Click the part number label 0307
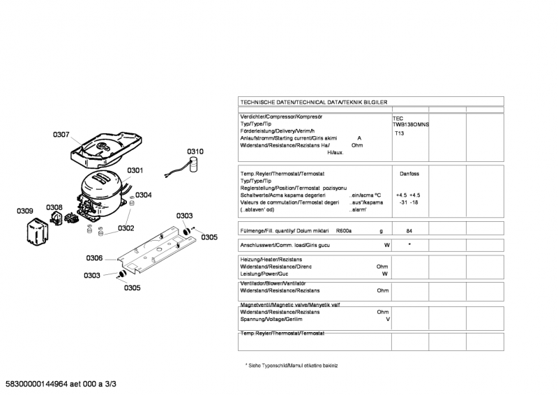pyautogui.click(x=61, y=135)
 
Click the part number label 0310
pyautogui.click(x=195, y=151)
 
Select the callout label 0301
pyautogui.click(x=135, y=170)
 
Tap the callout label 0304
pyautogui.click(x=144, y=195)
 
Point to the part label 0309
pyautogui.click(x=25, y=211)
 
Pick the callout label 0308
pyautogui.click(x=54, y=207)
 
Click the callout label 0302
pyautogui.click(x=126, y=228)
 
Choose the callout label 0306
pyautogui.click(x=95, y=258)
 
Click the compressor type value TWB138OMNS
pyautogui.click(x=411, y=124)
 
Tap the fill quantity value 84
pyautogui.click(x=409, y=230)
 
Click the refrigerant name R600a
pyautogui.click(x=344, y=230)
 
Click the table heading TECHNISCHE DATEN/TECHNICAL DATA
pyautogui.click(x=313, y=102)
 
